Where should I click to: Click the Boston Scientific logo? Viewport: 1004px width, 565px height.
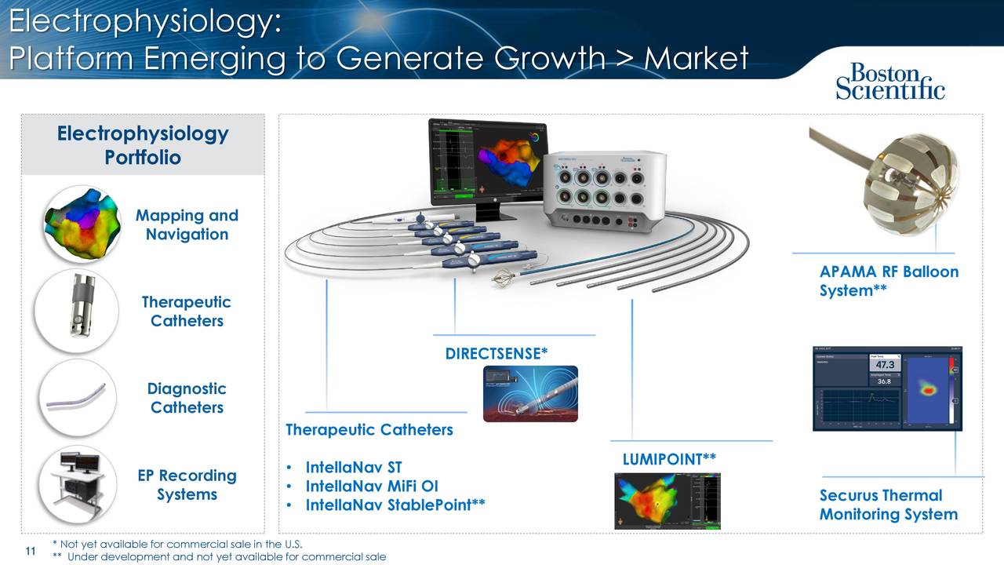click(890, 82)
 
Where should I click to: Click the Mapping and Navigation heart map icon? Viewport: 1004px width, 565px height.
click(82, 224)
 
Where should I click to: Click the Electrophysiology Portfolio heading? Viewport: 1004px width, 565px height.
click(143, 145)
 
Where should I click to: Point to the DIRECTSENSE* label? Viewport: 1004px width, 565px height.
click(496, 354)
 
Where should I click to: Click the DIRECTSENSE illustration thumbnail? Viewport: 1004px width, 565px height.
click(530, 394)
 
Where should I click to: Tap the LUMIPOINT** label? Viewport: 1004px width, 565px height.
click(669, 459)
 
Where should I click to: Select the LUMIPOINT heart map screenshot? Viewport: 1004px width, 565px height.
click(667, 501)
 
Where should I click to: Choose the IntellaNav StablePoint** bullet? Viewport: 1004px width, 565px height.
click(395, 505)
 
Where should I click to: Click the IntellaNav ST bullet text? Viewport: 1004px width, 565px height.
click(353, 468)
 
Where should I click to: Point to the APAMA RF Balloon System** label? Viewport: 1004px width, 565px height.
click(889, 281)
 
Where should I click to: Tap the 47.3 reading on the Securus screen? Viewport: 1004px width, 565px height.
click(885, 365)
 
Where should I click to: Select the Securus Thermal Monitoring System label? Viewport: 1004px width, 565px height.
click(888, 505)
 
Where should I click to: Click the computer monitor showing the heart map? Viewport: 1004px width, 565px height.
click(488, 161)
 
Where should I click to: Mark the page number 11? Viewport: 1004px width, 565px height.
click(31, 552)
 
